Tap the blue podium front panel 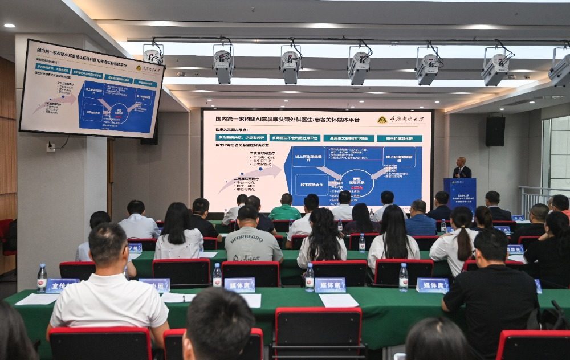(x=459, y=194)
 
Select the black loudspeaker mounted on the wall (x=495, y=132)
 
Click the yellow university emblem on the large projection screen (x=382, y=120)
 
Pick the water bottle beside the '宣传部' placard (x=42, y=277)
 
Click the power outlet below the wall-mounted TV (x=51, y=147)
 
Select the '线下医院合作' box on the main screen (x=312, y=185)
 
